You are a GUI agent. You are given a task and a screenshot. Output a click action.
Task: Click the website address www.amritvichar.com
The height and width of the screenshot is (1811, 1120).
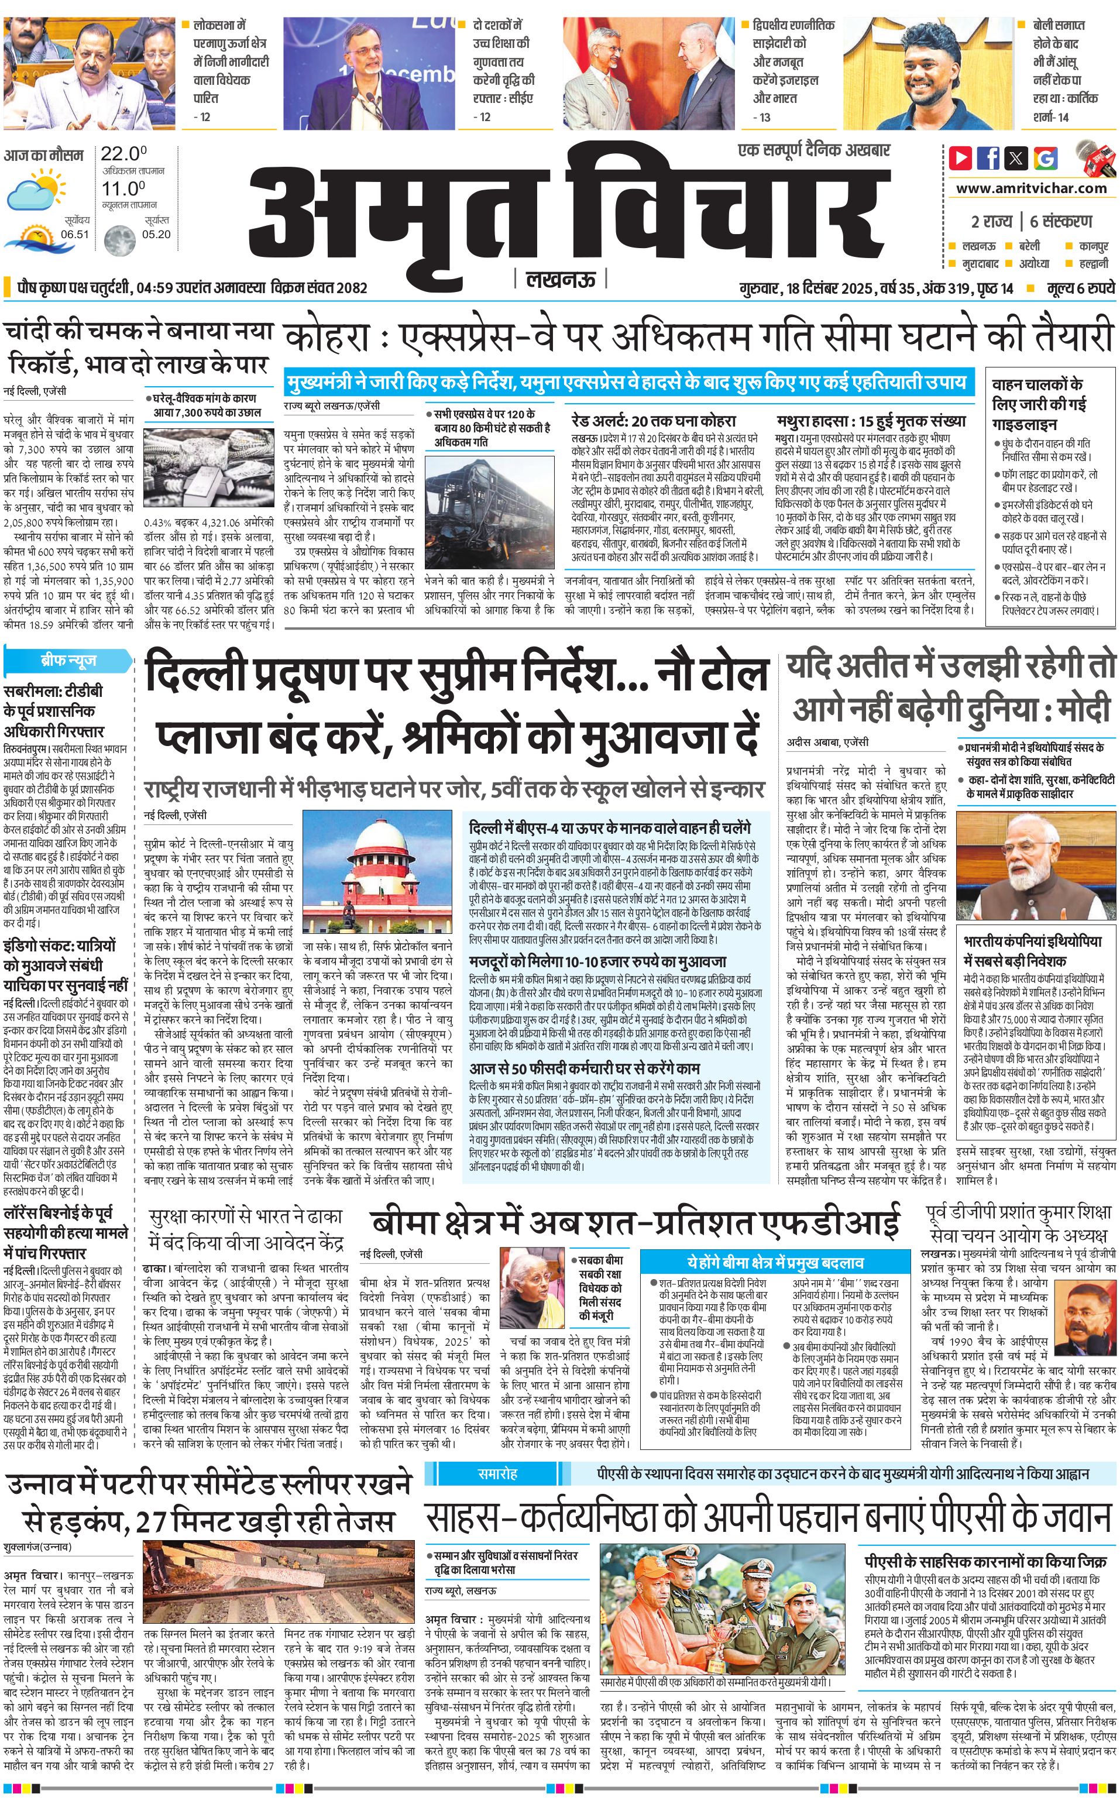1031,188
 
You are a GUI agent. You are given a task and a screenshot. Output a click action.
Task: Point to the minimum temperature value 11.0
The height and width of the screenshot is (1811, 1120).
123,188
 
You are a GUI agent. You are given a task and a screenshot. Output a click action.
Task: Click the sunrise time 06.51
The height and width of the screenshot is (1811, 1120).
75,234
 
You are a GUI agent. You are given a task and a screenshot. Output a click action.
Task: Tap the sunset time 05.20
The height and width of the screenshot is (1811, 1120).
156,234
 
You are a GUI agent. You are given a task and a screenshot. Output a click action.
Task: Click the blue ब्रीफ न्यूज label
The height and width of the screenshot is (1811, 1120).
68,660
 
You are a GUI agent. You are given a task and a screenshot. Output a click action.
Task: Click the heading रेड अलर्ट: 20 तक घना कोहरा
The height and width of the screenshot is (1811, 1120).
653,421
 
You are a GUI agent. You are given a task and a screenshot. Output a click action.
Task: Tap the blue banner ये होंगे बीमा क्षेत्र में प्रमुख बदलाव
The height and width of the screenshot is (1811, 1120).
774,1262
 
